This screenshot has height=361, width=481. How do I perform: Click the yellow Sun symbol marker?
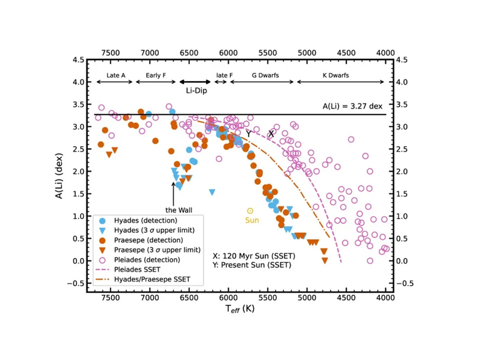coord(250,211)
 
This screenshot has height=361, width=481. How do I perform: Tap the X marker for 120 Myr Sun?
coord(271,134)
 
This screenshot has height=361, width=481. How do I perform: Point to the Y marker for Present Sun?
coord(248,134)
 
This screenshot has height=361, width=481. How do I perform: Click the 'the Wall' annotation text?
coord(173,210)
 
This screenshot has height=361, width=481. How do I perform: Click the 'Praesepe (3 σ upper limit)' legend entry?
coord(152,250)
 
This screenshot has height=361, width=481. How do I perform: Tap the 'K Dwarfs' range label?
coord(335,76)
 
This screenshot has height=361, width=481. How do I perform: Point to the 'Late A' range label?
coord(115,76)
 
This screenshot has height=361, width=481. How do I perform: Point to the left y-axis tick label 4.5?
coord(79,60)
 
